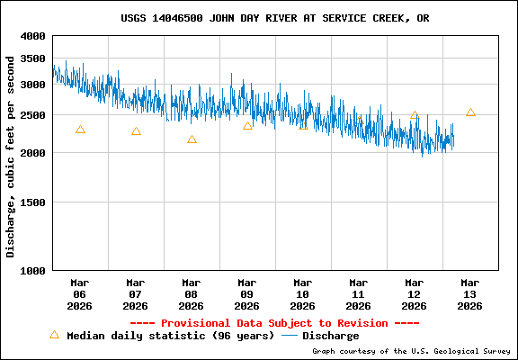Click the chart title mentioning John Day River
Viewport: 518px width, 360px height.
274,18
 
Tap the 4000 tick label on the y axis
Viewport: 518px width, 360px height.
33,36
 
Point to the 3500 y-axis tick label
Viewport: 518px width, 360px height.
33,58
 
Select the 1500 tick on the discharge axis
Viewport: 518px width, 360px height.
33,202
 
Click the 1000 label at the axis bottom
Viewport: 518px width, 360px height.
33,270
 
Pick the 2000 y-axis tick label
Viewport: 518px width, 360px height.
33,153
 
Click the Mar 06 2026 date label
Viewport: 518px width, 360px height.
80,293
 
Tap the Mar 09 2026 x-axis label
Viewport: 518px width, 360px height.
247,293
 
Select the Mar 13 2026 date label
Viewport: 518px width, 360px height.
470,293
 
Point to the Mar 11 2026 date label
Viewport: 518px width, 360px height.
359,293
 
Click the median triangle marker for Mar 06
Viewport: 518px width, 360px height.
80,130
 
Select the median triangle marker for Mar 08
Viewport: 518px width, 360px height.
192,139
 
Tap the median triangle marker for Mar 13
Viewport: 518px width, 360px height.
470,112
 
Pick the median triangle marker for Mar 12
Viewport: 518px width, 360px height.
415,115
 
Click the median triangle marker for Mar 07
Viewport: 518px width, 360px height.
136,131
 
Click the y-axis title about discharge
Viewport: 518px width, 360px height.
12,156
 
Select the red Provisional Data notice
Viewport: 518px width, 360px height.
274,323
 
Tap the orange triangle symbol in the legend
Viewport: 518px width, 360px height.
54,335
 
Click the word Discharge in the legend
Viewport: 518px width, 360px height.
330,336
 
